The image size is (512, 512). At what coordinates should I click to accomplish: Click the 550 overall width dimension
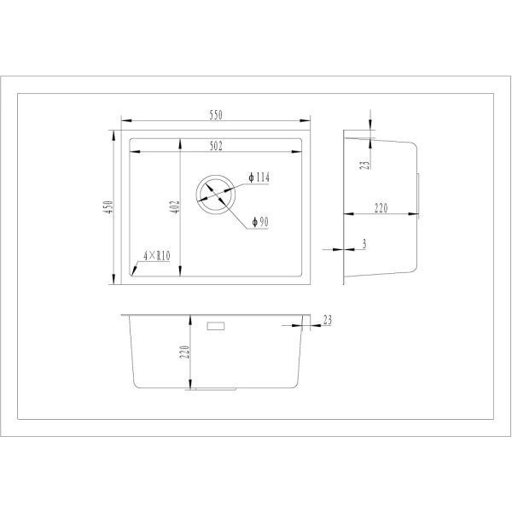pos(216,115)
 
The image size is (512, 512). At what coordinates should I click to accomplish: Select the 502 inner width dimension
pos(216,146)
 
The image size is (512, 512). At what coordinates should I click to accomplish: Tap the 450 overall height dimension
pos(108,207)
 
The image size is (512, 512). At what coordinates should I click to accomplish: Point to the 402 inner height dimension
pos(175,207)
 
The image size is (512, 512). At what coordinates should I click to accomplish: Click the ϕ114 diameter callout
pos(259,177)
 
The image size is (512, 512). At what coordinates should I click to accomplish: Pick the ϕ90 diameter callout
pos(260,222)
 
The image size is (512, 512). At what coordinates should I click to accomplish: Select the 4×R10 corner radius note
pos(157,256)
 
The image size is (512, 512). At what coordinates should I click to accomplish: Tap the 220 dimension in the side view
pos(381,208)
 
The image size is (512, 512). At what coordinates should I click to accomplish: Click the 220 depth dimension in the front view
pos(185,352)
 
